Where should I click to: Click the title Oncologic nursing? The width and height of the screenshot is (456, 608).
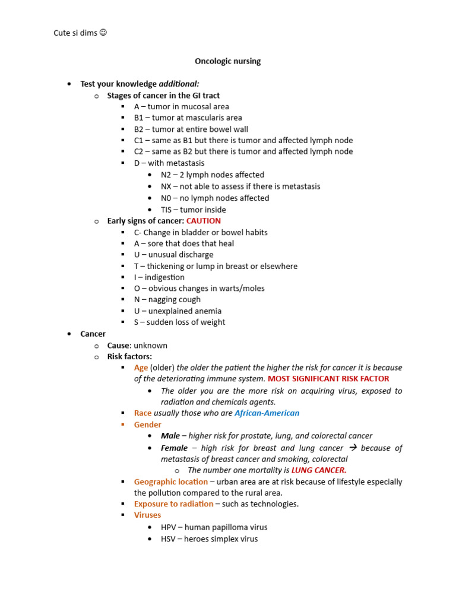pos(228,61)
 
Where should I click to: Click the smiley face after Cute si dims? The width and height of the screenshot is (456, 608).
pos(103,33)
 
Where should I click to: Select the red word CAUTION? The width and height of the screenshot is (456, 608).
pos(204,221)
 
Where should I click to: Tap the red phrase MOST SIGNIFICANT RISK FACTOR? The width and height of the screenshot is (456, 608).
pos(328,379)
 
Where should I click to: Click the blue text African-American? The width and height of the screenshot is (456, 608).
pos(267,413)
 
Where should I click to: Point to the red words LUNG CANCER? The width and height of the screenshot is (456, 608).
pos(319,470)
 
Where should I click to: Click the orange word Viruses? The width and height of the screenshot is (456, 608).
pos(147,515)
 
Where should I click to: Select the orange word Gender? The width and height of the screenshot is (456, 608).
pos(147,425)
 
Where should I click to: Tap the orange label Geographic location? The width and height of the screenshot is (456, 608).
pos(171,482)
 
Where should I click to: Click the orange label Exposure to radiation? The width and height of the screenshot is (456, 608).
pos(173,503)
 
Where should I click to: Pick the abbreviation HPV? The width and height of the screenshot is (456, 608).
pos(169,527)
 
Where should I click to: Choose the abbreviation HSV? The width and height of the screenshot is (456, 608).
pos(169,539)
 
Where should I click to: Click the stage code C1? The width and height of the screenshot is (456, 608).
pos(139,141)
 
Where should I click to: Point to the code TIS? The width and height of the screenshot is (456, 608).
pos(167,210)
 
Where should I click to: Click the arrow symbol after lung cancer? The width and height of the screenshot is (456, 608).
pos(352,448)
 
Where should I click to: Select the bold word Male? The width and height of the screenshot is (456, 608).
pos(170,436)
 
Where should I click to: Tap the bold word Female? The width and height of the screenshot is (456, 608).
pos(174,448)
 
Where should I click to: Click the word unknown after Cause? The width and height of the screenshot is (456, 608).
pos(150,345)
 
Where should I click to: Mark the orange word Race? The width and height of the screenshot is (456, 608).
pos(142,413)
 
